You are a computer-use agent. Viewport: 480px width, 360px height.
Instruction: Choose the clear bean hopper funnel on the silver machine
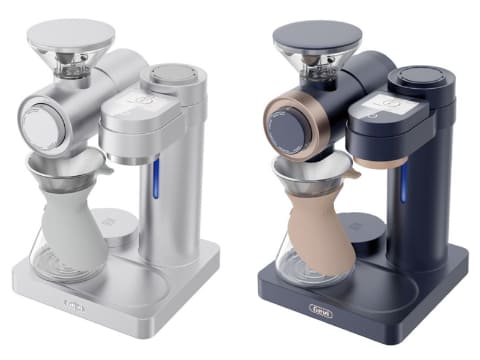coord(70,64)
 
